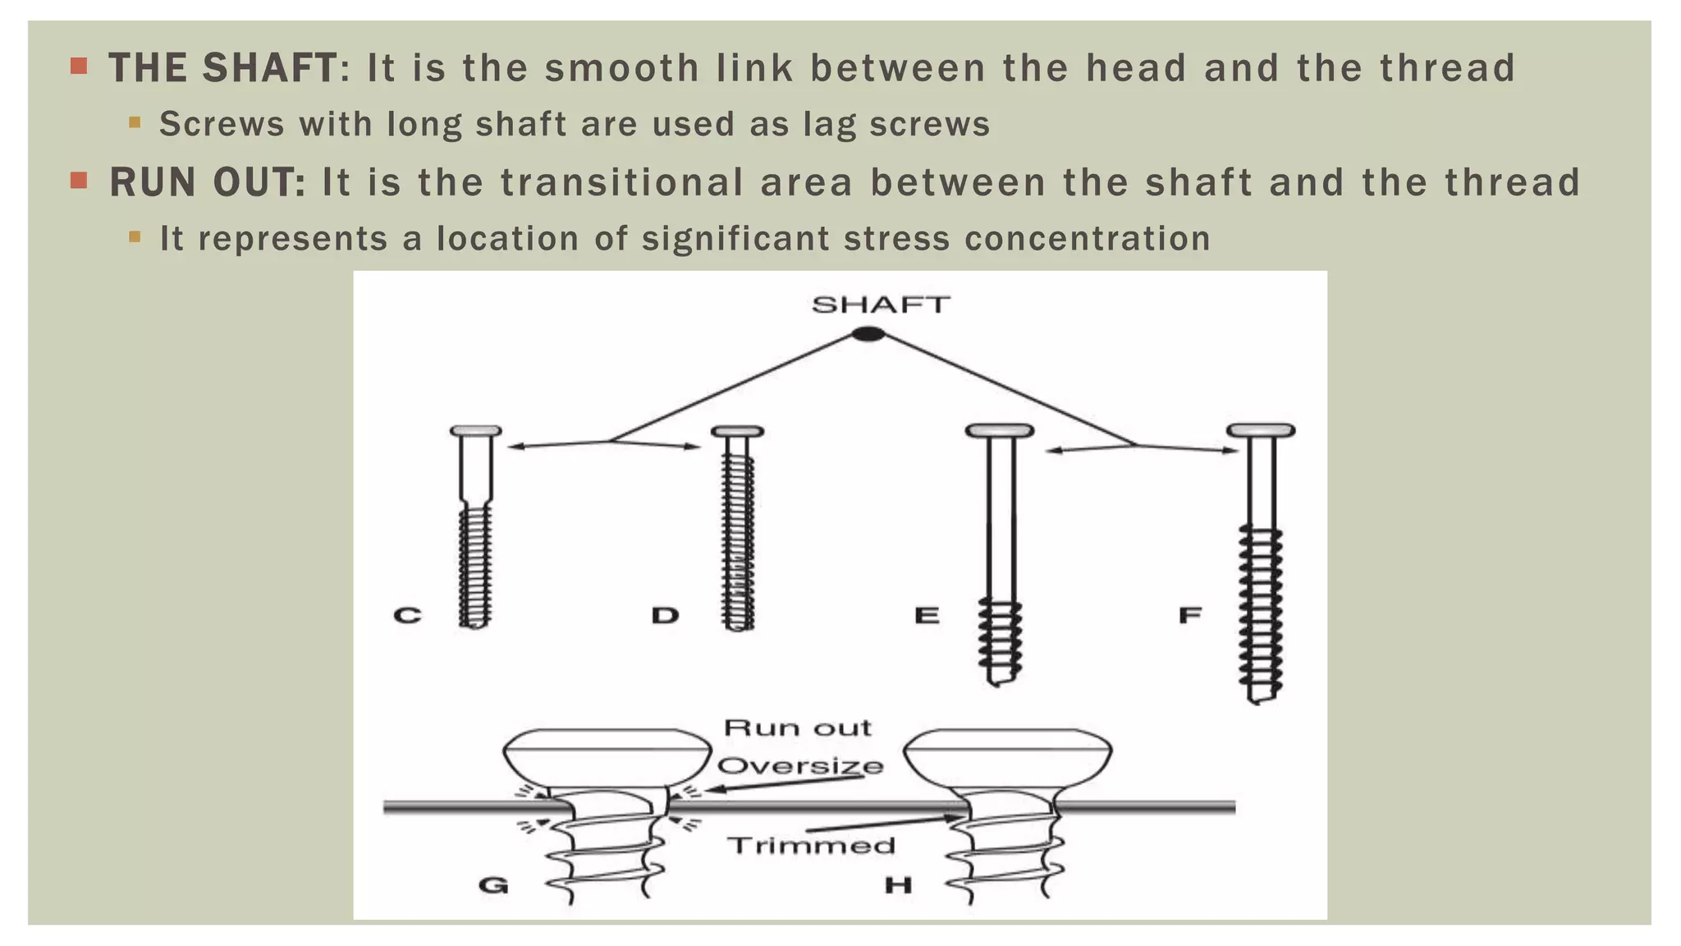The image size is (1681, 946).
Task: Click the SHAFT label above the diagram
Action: [x=881, y=305]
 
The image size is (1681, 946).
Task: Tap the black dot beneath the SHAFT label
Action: [x=868, y=334]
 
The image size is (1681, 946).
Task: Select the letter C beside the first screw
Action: [x=408, y=615]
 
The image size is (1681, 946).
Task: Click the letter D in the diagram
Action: [x=665, y=615]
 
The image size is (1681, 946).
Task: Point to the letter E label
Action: [x=927, y=615]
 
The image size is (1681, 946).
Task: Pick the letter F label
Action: [x=1190, y=615]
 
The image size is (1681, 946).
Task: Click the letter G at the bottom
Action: [x=493, y=885]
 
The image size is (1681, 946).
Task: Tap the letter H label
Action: [x=898, y=885]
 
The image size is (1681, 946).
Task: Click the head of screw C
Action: [x=476, y=431]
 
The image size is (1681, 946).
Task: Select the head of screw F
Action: [x=1261, y=430]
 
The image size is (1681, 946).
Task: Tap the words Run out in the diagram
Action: [x=797, y=728]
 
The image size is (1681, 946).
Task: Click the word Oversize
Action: [x=800, y=766]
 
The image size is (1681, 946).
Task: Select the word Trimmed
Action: [x=811, y=846]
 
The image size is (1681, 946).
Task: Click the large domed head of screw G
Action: [x=607, y=756]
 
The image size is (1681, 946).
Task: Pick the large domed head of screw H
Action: [x=1007, y=756]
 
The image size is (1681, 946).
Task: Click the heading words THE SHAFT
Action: [x=222, y=68]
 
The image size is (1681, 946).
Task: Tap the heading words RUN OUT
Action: [x=207, y=182]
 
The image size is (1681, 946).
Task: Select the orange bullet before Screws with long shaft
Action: [x=135, y=123]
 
